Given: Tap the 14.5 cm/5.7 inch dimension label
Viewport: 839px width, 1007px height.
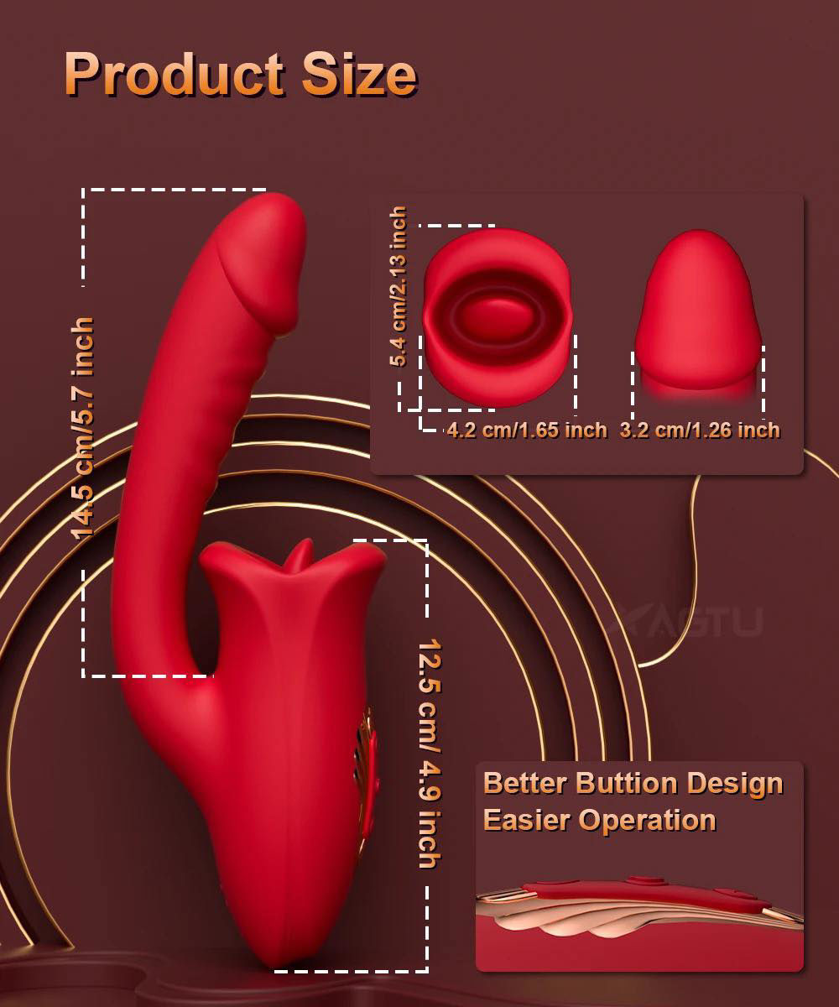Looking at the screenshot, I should coord(83,428).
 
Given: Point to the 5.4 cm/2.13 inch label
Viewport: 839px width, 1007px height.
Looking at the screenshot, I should coord(399,286).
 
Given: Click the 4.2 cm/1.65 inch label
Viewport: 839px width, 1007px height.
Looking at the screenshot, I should coord(527,430).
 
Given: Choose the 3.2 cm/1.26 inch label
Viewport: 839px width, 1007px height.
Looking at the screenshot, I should coord(700,430).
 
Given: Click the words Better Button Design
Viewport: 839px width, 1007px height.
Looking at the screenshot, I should coord(633,783).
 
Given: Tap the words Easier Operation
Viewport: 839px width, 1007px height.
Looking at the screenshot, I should coord(599,820).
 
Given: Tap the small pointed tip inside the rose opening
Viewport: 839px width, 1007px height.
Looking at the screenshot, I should coord(296,559).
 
